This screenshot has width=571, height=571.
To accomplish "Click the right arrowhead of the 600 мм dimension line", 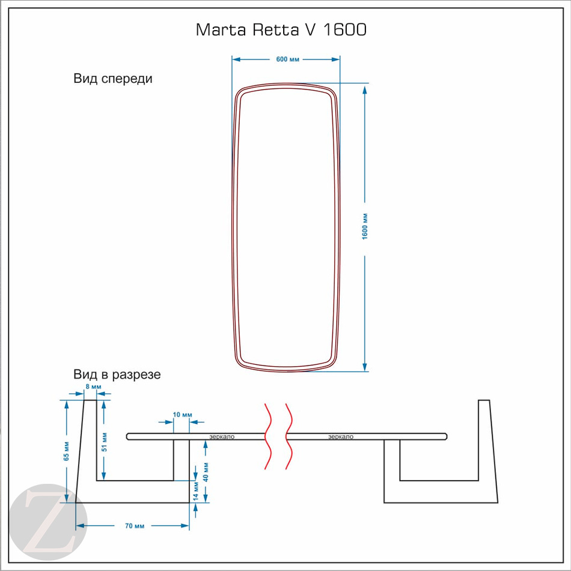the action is tap(336, 60).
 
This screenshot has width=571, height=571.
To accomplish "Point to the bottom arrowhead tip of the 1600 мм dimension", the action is tap(364, 371).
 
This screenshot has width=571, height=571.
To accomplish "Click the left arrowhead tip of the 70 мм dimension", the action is tap(76, 525).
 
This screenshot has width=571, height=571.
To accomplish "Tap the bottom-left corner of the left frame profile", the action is tap(76, 503).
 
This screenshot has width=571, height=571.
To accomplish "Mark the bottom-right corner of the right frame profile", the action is tap(498, 503).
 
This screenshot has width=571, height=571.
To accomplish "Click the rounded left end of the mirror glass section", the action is tap(127, 436).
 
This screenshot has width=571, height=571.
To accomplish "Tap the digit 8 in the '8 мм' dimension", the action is tap(88, 386).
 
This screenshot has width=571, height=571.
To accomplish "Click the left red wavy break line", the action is tap(268, 436).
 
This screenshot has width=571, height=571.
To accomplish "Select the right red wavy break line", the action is tap(289, 436).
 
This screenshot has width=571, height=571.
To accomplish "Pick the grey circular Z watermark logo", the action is tap(48, 522).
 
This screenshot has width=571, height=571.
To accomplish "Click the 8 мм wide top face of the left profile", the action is tap(91, 400).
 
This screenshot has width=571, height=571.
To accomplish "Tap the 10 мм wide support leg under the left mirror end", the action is tap(182, 471).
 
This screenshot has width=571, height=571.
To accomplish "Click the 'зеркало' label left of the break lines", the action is tap(222, 436).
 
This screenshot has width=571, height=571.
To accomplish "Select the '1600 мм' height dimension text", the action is tap(365, 227).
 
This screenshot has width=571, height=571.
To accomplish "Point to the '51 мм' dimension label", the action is tap(105, 442).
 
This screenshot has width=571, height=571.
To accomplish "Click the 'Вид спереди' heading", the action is tap(113, 79).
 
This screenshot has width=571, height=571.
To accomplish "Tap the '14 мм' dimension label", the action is tap(196, 491).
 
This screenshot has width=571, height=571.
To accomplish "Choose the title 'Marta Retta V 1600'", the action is tap(281, 29).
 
